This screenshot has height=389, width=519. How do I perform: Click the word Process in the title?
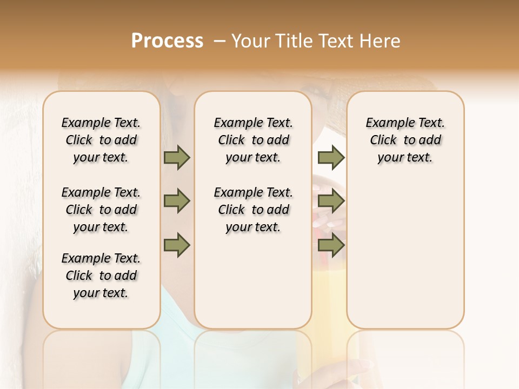pos(167,41)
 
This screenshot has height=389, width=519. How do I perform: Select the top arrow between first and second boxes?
pos(177,157)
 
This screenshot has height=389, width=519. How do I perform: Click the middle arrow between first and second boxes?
pos(177,202)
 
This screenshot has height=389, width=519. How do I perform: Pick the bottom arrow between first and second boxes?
pos(177,245)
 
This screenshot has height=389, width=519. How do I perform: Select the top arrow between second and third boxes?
pos(331,157)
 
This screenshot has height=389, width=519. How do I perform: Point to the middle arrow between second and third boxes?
pos(331,202)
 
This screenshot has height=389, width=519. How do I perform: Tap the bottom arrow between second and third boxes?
pos(331,245)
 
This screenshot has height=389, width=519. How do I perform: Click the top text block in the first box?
pos(101,140)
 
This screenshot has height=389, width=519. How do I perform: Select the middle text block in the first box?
pos(101,210)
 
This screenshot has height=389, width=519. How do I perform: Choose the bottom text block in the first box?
pos(101,276)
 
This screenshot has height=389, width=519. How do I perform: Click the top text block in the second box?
pos(254,140)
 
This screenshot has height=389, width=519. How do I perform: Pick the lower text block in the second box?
pos(254,210)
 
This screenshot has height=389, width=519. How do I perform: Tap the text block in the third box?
pos(405,140)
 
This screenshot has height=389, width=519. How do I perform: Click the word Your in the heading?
pos(250,41)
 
